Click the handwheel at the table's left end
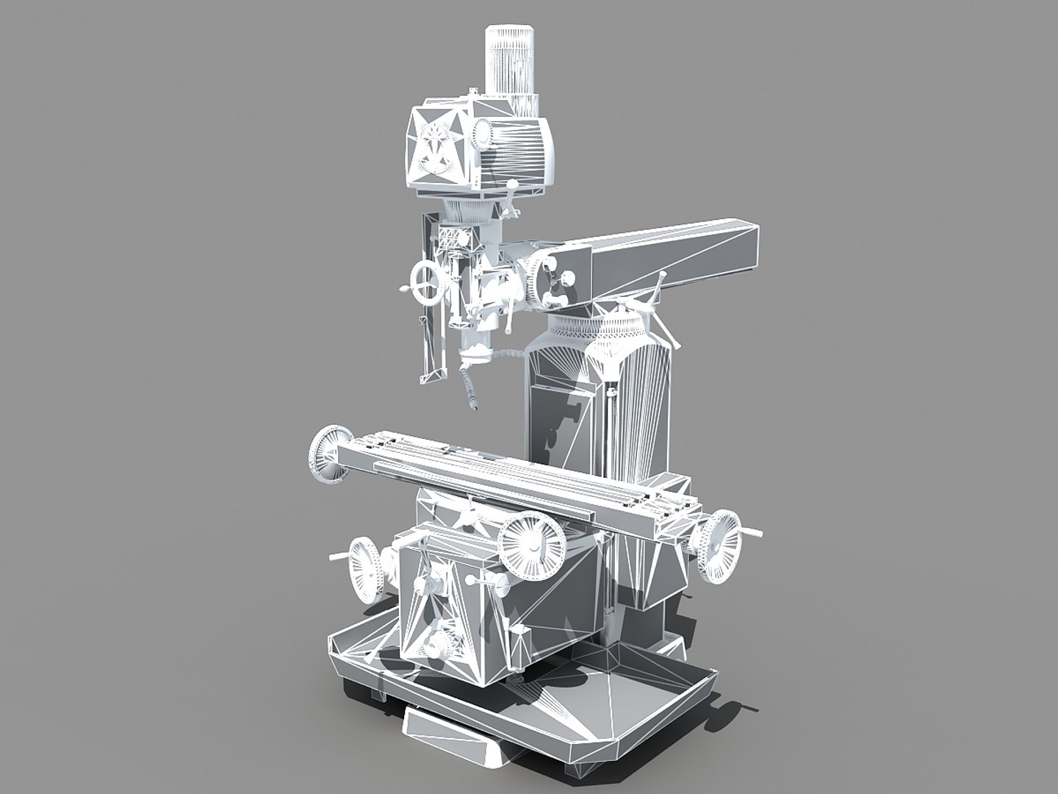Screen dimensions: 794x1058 click(x=325, y=456)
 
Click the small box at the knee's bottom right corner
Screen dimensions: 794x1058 click(x=520, y=641)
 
